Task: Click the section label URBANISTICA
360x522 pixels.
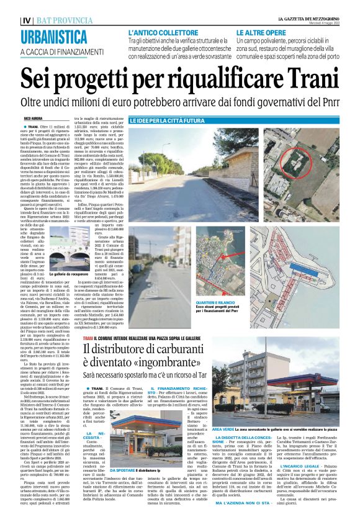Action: point(53,36)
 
